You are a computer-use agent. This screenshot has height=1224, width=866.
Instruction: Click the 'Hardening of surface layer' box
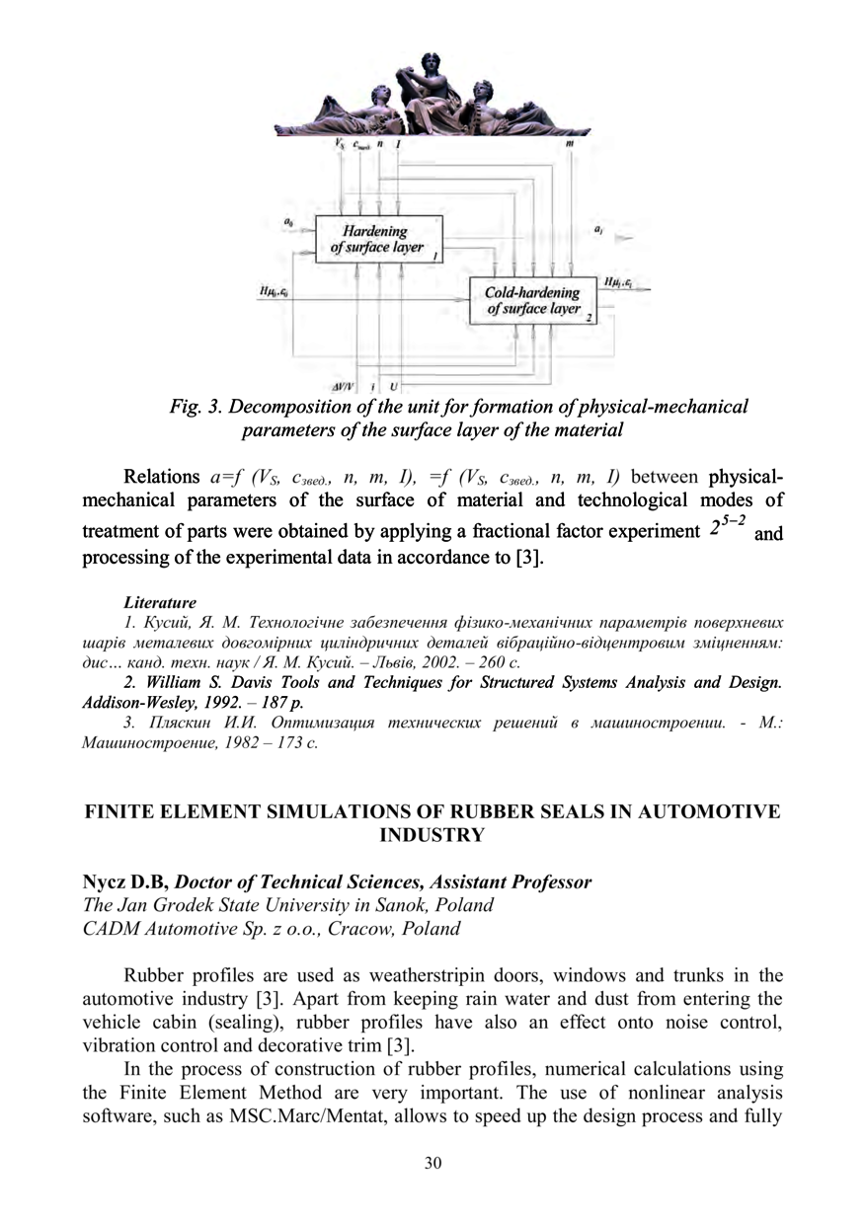coord(377,240)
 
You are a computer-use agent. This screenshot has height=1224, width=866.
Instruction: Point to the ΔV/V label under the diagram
coord(345,385)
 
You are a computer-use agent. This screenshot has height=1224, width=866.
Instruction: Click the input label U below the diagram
coord(395,385)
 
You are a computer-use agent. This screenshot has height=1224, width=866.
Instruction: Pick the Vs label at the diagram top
coord(340,144)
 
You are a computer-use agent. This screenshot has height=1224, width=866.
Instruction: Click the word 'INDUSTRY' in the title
coord(433,835)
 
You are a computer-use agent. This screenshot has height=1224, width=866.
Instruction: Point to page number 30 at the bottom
coord(433,1163)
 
